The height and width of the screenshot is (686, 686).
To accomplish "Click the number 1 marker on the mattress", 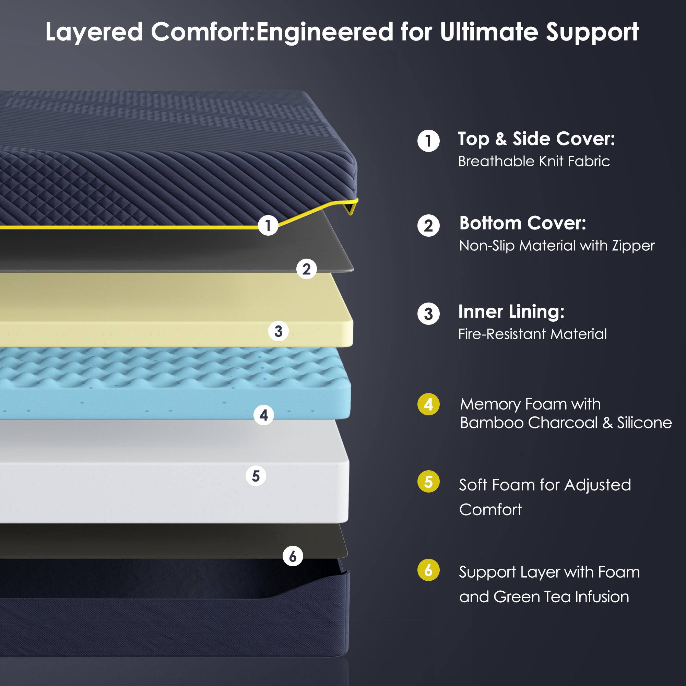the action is click(268, 225).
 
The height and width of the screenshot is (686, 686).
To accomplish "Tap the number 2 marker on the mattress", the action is click(306, 269).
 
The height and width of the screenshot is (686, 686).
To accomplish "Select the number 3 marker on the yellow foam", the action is click(279, 331).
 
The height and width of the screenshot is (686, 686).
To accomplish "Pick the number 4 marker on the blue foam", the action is click(263, 415).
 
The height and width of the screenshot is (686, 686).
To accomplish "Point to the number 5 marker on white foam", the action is click(256, 476).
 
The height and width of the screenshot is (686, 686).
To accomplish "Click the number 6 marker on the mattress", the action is click(293, 556).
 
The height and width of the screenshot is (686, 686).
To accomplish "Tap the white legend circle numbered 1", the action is click(428, 141).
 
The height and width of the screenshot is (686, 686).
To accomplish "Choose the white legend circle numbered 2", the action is click(428, 225).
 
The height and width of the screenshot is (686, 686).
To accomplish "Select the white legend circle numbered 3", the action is click(428, 314).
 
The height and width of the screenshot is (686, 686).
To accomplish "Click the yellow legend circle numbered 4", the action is click(428, 404).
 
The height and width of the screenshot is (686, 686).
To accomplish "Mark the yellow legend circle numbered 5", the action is click(428, 482).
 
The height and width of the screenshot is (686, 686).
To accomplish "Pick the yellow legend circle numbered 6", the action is click(428, 570).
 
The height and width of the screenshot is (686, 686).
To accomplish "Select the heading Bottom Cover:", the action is click(523, 223).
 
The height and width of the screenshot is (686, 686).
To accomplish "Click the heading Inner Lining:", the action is click(511, 312).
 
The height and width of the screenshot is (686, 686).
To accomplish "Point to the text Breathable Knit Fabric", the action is click(534, 162).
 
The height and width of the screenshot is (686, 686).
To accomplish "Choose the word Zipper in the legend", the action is click(633, 246).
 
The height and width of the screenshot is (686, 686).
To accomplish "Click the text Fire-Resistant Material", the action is click(533, 334).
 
